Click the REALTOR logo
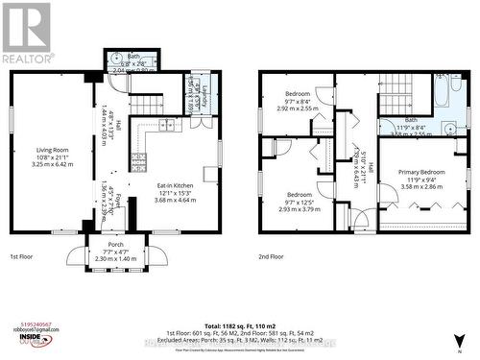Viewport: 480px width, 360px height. click(x=26, y=34)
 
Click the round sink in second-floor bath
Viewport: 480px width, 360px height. click(x=449, y=126)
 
